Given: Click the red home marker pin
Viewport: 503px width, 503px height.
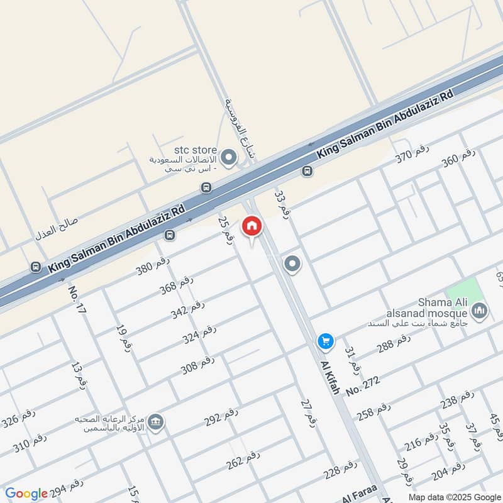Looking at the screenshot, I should click(x=251, y=226).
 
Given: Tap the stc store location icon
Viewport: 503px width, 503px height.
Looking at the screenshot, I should click(x=229, y=155).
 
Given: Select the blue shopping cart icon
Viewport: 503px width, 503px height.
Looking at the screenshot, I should click(x=325, y=341).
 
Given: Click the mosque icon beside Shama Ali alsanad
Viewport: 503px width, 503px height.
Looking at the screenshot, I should click(x=480, y=311).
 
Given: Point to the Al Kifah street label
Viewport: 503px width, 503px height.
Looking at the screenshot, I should click(x=330, y=377).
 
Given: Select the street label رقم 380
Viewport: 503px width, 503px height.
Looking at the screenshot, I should click(x=153, y=267).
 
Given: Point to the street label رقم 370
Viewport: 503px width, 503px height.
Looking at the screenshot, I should click(x=412, y=154).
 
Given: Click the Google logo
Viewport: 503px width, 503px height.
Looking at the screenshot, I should click(x=26, y=494).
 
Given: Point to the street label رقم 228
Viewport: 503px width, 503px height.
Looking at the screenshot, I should click(x=340, y=468).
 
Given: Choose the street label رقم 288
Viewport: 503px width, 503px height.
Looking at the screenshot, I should click(x=394, y=344).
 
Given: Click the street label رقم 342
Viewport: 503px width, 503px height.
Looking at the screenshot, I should click(x=188, y=309).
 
